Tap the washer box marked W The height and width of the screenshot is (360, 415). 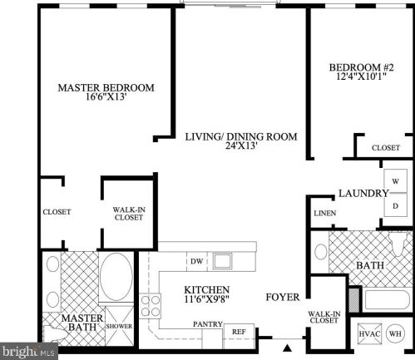[395, 180]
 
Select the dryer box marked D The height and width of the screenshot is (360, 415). [395, 205]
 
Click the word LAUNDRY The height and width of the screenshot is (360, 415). [363, 193]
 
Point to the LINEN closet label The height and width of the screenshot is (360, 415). [324, 213]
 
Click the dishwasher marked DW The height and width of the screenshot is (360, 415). [196, 262]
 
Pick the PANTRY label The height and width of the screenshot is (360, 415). [205, 324]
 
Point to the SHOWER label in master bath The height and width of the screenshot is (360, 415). [119, 325]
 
